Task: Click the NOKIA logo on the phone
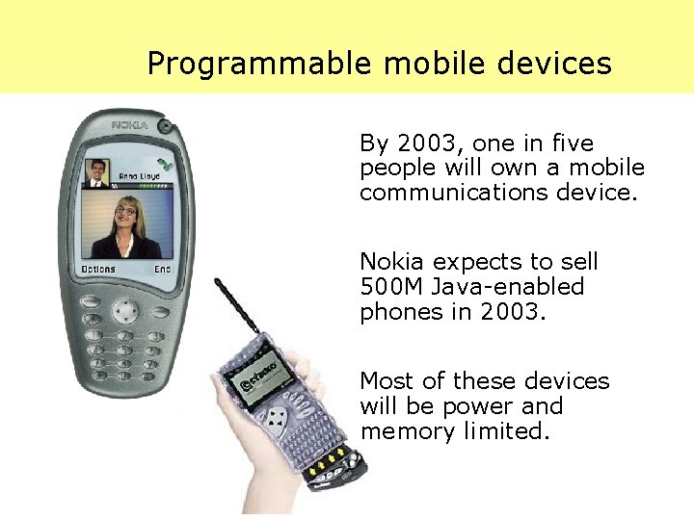128,125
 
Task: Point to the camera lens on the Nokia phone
166,125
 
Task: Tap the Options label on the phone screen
98,270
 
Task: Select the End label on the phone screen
162,270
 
